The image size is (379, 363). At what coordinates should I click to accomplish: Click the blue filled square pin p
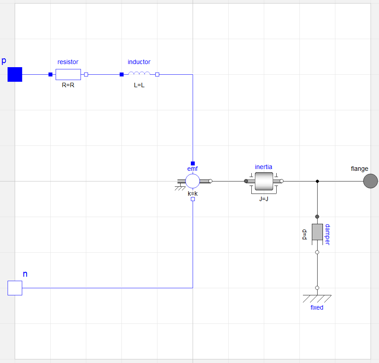pyautogui.click(x=15, y=74)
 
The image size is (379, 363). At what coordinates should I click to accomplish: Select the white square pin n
pyautogui.click(x=15, y=288)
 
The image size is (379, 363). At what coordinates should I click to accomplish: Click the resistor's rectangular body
pyautogui.click(x=68, y=74)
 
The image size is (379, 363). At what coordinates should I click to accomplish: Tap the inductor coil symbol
pyautogui.click(x=139, y=74)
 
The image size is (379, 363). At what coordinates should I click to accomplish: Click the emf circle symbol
pyautogui.click(x=193, y=181)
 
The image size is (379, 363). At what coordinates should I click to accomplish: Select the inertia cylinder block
pyautogui.click(x=264, y=181)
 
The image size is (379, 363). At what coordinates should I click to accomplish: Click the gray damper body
pyautogui.click(x=317, y=232)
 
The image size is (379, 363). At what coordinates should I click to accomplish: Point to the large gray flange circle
pyautogui.click(x=370, y=181)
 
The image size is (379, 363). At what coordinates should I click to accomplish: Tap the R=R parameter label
pyautogui.click(x=68, y=85)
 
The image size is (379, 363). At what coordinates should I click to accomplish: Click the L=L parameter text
pyautogui.click(x=139, y=85)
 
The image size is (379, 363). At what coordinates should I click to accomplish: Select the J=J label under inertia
pyautogui.click(x=264, y=199)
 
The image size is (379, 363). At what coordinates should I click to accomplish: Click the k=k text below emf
pyautogui.click(x=192, y=194)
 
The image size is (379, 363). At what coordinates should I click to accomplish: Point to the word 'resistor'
pyautogui.click(x=68, y=62)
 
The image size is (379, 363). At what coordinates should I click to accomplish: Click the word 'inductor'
pyautogui.click(x=139, y=62)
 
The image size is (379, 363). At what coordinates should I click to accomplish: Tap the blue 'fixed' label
pyautogui.click(x=317, y=307)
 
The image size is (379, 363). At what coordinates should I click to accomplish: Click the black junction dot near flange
pyautogui.click(x=317, y=181)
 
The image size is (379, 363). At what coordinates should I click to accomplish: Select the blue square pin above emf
pyautogui.click(x=193, y=163)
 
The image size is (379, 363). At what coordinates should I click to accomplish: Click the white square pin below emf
pyautogui.click(x=193, y=199)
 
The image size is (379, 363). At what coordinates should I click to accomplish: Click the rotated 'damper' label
pyautogui.click(x=327, y=234)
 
